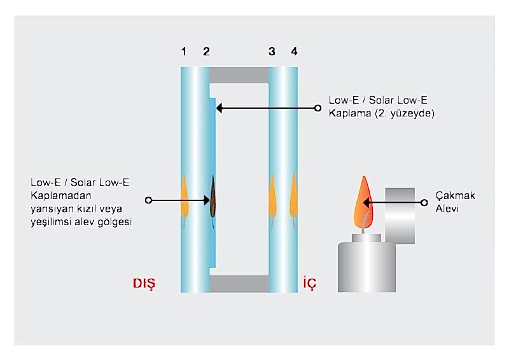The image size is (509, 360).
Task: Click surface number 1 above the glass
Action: point(184,52)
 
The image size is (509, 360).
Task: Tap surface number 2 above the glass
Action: point(206,52)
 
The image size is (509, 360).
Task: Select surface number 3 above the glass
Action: point(272,52)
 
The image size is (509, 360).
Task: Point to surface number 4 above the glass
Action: point(293,52)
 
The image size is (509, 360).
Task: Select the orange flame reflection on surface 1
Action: point(183,194)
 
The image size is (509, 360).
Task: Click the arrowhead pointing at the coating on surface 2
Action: point(220,109)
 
